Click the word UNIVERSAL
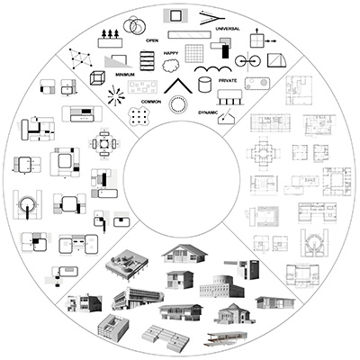pyautogui.click(x=228, y=29)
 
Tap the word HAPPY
pyautogui.click(x=171, y=53)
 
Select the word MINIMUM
pyautogui.click(x=125, y=75)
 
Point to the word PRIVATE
pyautogui.click(x=228, y=81)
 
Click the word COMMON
pyautogui.click(x=151, y=102)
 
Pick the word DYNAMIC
pyautogui.click(x=208, y=112)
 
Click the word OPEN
pyautogui.click(x=152, y=40)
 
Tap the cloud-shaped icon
pyautogui.click(x=171, y=66)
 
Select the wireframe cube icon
pyautogui.click(x=97, y=78)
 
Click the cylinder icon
pyautogui.click(x=204, y=85)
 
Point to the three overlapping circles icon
pyautogui.click(x=134, y=25)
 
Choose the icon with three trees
pyautogui.click(x=110, y=39)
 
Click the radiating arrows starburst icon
pyautogui.click(x=116, y=96)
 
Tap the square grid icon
pyautogui.click(x=194, y=53)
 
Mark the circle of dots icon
pyautogui.click(x=178, y=104)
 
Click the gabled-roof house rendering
pyautogui.click(x=184, y=254)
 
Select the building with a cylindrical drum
pyautogui.click(x=221, y=286)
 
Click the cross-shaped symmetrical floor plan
pyautogui.click(x=264, y=154)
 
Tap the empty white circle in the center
pyautogui.click(x=182, y=179)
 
